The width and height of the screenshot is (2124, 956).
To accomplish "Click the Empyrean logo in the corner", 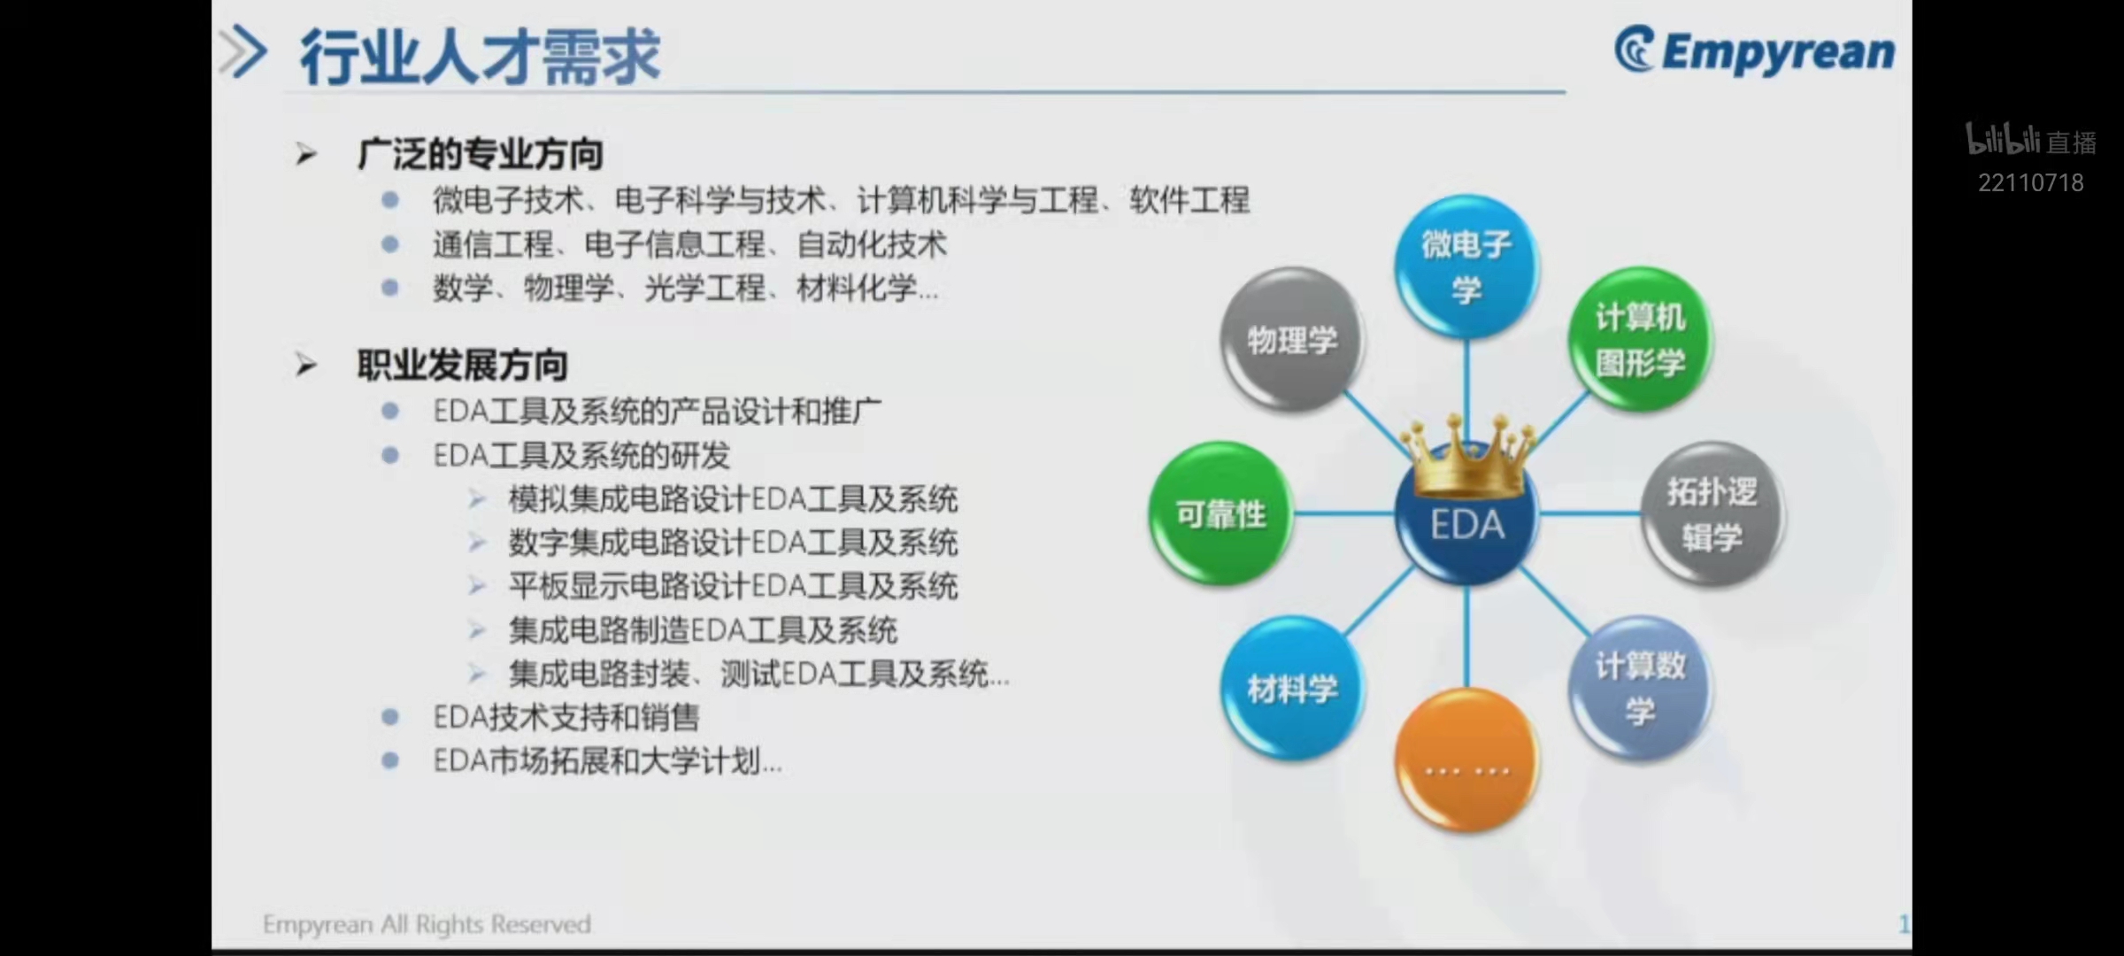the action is click(x=1754, y=50).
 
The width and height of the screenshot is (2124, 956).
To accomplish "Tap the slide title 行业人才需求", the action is click(x=481, y=57).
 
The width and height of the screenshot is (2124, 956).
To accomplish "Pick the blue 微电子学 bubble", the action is click(x=1466, y=266).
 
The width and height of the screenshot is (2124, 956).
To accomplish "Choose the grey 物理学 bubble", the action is click(x=1292, y=339).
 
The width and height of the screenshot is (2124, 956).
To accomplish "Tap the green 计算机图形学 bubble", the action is click(x=1641, y=339).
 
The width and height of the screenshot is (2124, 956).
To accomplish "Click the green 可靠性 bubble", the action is click(x=1221, y=513).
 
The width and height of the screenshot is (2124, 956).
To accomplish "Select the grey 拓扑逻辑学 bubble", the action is click(x=1712, y=513).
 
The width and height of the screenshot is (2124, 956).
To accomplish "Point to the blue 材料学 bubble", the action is click(x=1292, y=688).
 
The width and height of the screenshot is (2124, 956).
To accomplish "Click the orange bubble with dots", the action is click(x=1466, y=759).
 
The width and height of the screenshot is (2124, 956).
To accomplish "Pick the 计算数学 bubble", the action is click(x=1641, y=688).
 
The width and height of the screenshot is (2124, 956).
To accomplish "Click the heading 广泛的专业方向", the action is click(x=481, y=154).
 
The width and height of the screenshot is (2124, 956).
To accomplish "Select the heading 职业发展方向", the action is click(x=462, y=365).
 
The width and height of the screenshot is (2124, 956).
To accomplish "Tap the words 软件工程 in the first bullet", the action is click(x=1189, y=200).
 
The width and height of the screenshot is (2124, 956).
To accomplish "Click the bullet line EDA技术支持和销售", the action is click(x=566, y=717).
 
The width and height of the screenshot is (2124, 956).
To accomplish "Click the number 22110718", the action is click(x=2031, y=182).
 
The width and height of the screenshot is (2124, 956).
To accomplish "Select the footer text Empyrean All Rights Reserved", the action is click(x=427, y=924).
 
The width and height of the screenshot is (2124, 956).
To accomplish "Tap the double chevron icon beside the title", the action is click(x=242, y=52).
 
